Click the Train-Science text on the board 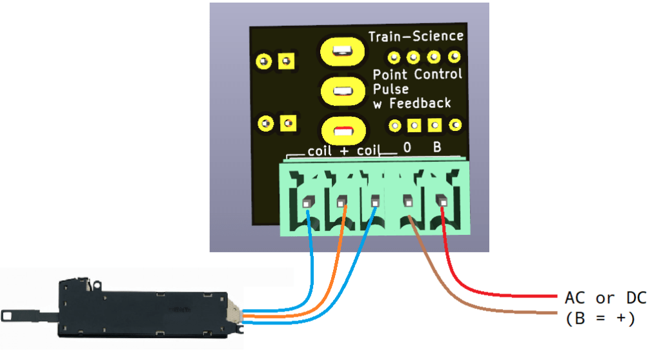click(415, 36)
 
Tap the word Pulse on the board click(391, 89)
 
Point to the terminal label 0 click(407, 148)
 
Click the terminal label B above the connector click(437, 148)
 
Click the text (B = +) click(600, 318)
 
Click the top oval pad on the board click(341, 51)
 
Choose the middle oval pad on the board click(341, 91)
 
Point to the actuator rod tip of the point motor click(9, 315)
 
